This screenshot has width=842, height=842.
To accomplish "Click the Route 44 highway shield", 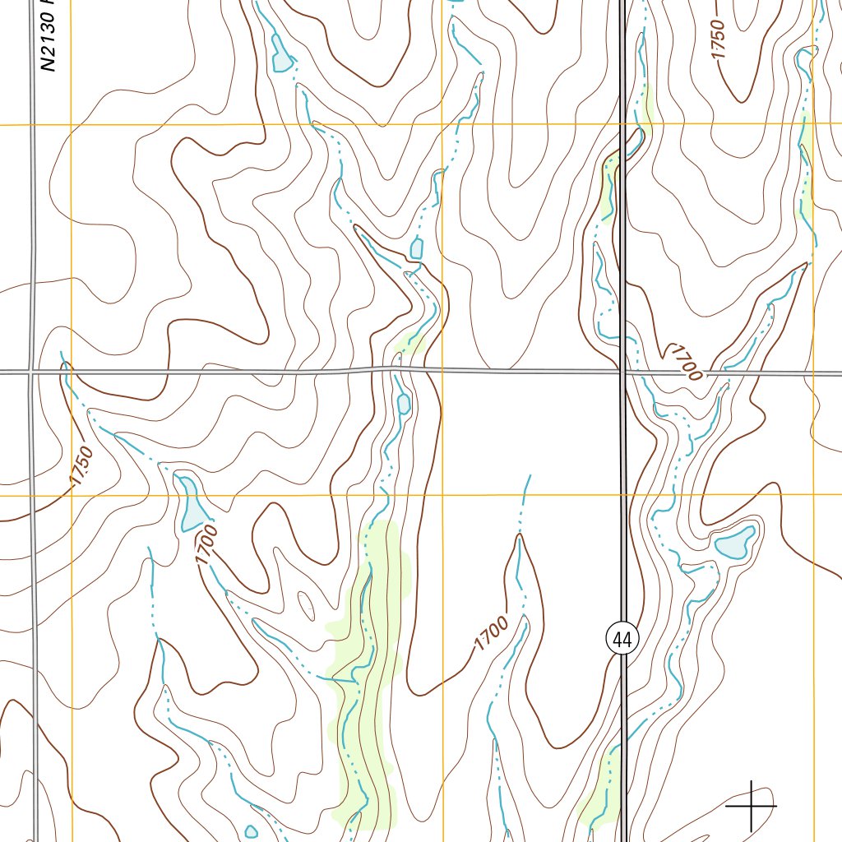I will coord(622,638).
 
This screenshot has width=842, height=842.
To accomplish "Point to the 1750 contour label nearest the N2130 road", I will coord(81,466).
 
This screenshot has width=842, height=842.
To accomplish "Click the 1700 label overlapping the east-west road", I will coord(685,363).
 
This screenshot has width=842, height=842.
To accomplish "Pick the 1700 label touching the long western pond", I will coord(207,544).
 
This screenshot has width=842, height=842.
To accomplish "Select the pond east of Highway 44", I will coord(735,543).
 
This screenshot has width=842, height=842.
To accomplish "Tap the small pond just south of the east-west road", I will coord(404,404).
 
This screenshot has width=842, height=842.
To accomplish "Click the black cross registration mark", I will coord(751,806).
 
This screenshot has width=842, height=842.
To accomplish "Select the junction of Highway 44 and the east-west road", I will coord(622,372).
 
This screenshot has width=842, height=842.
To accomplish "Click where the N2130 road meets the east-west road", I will coord(33,372).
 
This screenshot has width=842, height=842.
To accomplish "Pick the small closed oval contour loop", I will coord(306,607).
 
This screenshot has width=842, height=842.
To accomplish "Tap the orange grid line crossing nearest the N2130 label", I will coord(72,125).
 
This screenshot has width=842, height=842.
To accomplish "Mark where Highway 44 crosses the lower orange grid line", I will coord(622,495).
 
